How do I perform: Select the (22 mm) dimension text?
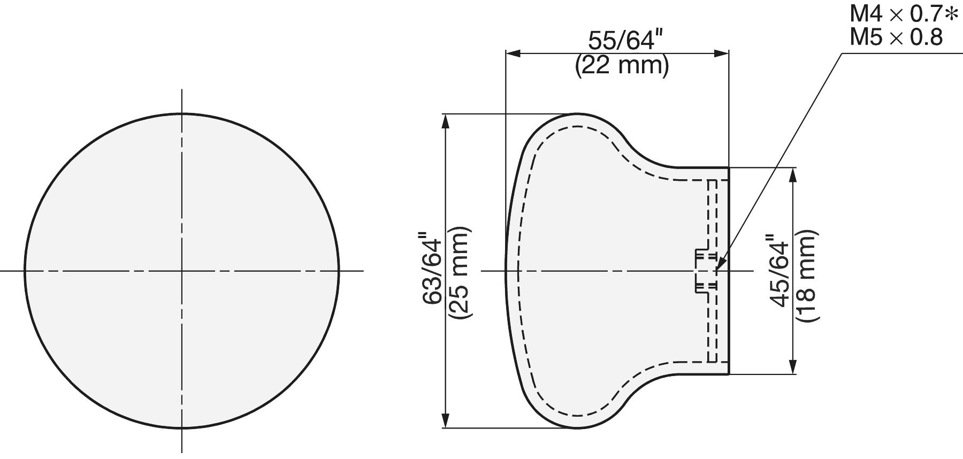tap(622, 66)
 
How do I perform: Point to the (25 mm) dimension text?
tap(459, 273)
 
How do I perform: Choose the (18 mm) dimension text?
tap(806, 276)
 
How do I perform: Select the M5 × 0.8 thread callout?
tap(896, 37)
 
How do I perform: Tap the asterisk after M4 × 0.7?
tap(951, 14)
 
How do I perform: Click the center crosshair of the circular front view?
tap(182, 271)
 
